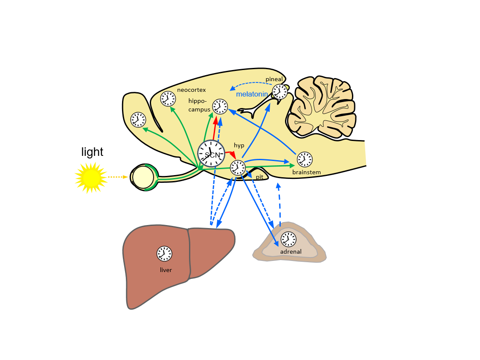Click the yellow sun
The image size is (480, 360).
90,177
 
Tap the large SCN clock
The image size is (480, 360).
211,153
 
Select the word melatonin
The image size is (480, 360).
252,94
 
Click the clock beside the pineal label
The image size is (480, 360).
280,91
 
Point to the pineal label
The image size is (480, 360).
274,79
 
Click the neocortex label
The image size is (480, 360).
192,90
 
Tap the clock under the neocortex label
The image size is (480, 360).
168,99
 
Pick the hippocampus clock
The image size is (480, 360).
220,106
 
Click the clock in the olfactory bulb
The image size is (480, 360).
138,120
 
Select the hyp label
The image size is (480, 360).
239,145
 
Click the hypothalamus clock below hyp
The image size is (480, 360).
238,167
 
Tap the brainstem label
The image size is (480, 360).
306,173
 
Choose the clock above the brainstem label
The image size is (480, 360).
305,159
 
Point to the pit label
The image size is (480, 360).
259,176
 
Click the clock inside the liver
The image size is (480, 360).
164,254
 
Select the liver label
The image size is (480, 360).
166,270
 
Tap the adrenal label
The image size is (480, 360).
291,252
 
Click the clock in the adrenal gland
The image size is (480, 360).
288,239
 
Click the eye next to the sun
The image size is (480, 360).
143,177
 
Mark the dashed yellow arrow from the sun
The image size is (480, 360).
117,177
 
